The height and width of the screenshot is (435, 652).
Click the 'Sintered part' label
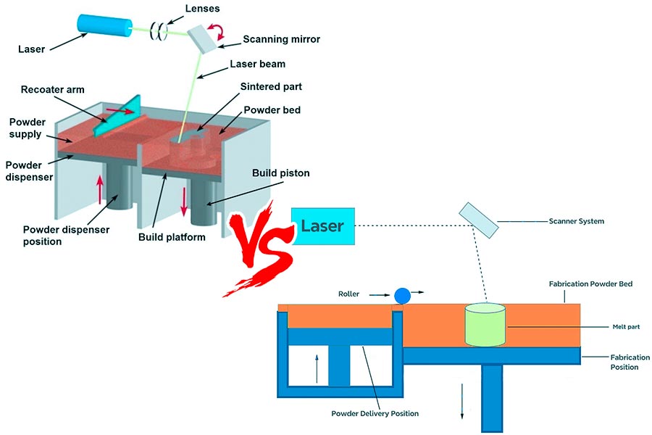point(272,86)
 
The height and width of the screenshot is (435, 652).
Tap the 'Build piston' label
point(280,174)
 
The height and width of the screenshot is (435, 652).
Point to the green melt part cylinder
point(485,323)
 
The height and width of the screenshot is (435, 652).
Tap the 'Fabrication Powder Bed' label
point(591,284)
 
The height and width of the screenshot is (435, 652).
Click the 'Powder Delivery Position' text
point(375,413)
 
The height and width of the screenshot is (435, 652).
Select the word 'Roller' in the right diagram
point(348,294)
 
